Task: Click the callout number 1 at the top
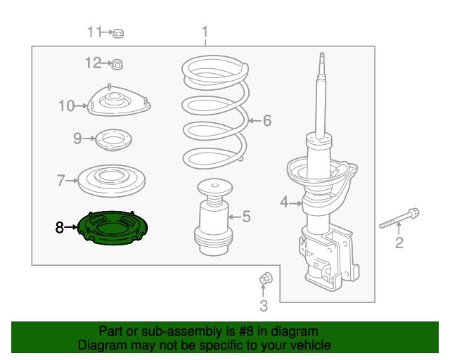[x=205, y=32]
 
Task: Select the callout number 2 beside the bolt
[x=399, y=243]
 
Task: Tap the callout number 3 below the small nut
[x=264, y=305]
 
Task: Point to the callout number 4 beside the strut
[x=284, y=202]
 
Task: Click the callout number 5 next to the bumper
[x=246, y=217]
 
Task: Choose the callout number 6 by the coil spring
[x=266, y=121]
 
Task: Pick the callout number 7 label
[x=60, y=181]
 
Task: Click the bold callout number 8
[x=60, y=227]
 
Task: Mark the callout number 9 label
[x=78, y=139]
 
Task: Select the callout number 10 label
[x=66, y=106]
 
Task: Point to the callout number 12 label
[x=93, y=63]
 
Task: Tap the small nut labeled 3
[x=265, y=279]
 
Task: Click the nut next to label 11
[x=118, y=32]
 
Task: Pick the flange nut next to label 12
[x=117, y=64]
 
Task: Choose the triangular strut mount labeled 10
[x=118, y=102]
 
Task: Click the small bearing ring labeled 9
[x=112, y=140]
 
